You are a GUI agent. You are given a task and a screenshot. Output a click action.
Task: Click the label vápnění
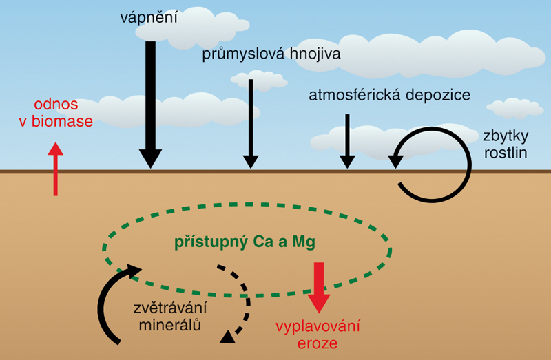click(x=147, y=18)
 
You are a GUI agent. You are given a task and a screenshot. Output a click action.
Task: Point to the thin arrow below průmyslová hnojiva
click(x=251, y=124)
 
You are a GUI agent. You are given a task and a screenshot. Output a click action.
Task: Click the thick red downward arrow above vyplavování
click(x=319, y=286)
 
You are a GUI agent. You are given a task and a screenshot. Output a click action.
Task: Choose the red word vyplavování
click(x=318, y=326)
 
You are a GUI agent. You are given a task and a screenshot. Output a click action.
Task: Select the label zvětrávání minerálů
click(x=171, y=317)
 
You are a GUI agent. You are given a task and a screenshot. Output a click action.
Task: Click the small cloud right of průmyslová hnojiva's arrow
click(x=260, y=80)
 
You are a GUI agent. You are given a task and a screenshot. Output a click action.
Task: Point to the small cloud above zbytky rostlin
click(x=513, y=108)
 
